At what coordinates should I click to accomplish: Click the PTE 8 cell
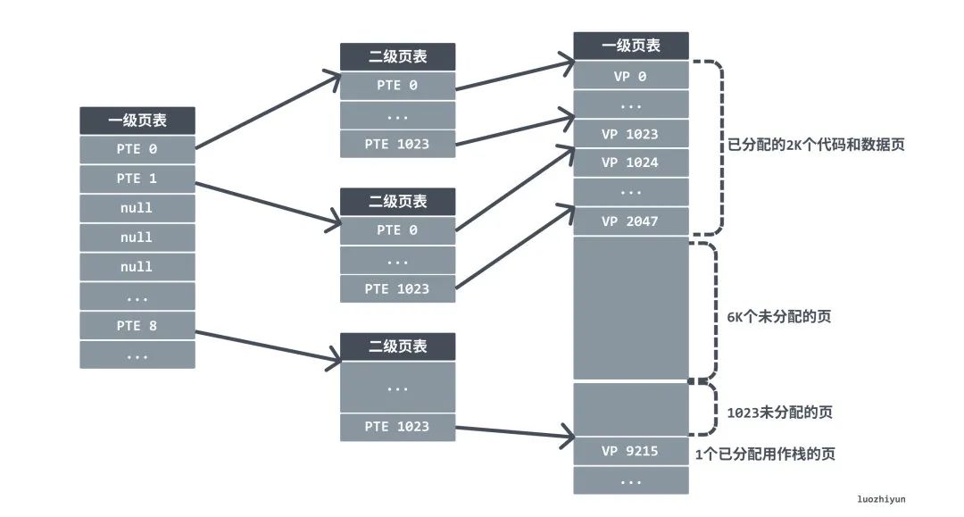pyautogui.click(x=137, y=326)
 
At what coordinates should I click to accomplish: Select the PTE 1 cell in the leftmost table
pyautogui.click(x=137, y=179)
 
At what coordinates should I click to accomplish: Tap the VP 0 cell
pyautogui.click(x=630, y=76)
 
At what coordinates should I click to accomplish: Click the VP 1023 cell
pyautogui.click(x=630, y=134)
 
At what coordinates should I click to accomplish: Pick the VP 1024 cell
pyautogui.click(x=630, y=163)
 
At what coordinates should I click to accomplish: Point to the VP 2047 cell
pyautogui.click(x=630, y=221)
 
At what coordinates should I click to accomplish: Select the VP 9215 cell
pyautogui.click(x=630, y=451)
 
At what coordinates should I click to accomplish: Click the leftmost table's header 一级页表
pyautogui.click(x=137, y=121)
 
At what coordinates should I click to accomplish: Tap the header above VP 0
pyautogui.click(x=630, y=46)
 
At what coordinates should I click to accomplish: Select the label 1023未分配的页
pyautogui.click(x=780, y=413)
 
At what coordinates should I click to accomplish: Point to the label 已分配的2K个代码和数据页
pyautogui.click(x=816, y=144)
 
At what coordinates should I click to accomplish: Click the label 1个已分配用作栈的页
pyautogui.click(x=765, y=454)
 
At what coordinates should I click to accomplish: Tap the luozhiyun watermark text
pyautogui.click(x=880, y=499)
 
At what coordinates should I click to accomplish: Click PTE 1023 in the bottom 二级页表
pyautogui.click(x=397, y=427)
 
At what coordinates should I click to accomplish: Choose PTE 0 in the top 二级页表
pyautogui.click(x=397, y=85)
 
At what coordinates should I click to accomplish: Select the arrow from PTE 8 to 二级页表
pyautogui.click(x=268, y=346)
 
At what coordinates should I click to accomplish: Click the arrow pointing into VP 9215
pyautogui.click(x=513, y=432)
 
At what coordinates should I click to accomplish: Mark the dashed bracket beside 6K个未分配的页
pyautogui.click(x=715, y=308)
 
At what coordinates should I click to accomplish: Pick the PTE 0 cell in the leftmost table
pyautogui.click(x=137, y=149)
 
